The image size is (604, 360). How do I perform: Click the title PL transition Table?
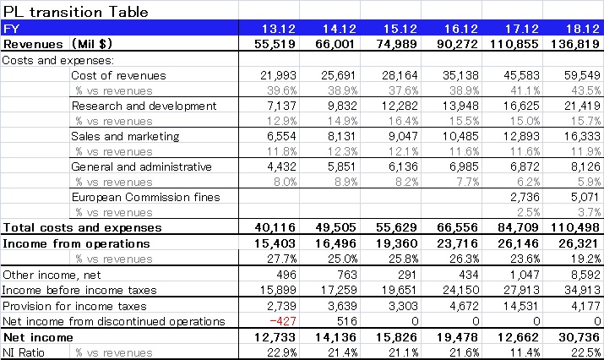pyautogui.click(x=75, y=12)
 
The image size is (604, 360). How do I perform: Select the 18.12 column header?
pyautogui.click(x=583, y=29)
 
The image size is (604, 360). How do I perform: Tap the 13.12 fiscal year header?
pyautogui.click(x=279, y=29)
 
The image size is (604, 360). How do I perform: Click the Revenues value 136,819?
pyautogui.click(x=575, y=44)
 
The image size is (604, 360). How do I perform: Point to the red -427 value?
pyautogui.click(x=283, y=321)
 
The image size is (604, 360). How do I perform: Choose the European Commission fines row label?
pyautogui.click(x=145, y=198)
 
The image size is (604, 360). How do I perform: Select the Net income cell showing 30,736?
pyautogui.click(x=580, y=337)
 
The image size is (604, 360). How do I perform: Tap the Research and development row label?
pyautogui.click(x=144, y=106)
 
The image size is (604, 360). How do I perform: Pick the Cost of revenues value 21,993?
pyautogui.click(x=278, y=75)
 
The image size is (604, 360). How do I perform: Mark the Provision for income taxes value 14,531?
pyautogui.click(x=521, y=306)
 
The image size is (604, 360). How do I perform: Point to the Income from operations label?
pyautogui.click(x=76, y=244)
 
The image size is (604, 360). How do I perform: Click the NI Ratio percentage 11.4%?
pyautogui.click(x=525, y=352)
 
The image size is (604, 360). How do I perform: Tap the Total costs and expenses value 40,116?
pyautogui.click(x=275, y=228)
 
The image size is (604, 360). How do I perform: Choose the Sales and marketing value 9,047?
pyautogui.click(x=403, y=136)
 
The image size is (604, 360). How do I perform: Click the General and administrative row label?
pyautogui.click(x=141, y=166)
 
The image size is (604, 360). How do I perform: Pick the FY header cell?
pyautogui.click(x=11, y=29)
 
